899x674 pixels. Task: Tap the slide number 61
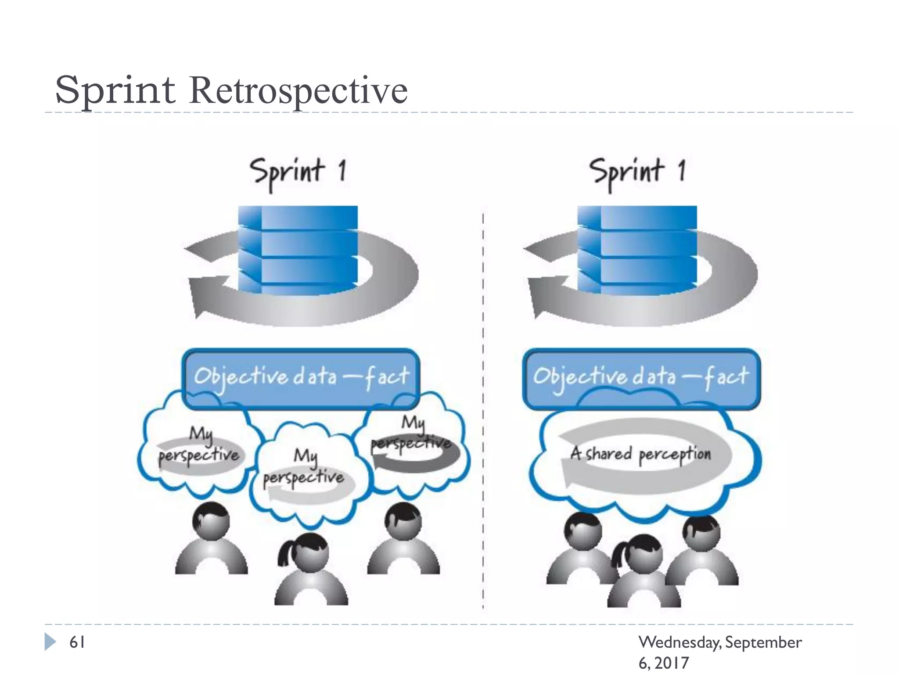tap(77, 642)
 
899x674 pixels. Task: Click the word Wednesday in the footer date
tap(679, 642)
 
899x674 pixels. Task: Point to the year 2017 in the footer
tap(672, 663)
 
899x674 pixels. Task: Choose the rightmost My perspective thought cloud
tap(413, 443)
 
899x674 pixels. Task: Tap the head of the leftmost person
tap(212, 521)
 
